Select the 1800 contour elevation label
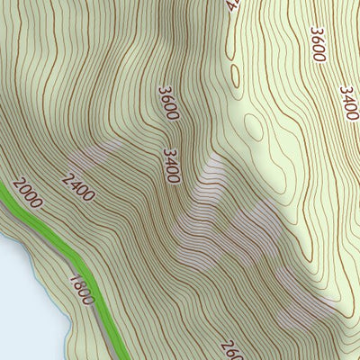point(82,289)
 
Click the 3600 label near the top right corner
point(317,43)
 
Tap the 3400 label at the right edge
point(348,103)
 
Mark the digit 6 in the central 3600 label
point(166,98)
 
